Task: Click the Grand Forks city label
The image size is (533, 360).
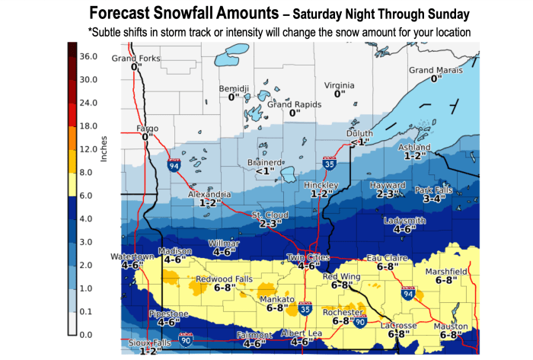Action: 137,59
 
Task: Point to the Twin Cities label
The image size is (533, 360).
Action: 307,257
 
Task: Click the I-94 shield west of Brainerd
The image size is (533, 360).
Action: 174,163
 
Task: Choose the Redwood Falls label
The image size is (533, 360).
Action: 220,279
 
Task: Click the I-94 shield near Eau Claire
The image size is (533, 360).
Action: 409,294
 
